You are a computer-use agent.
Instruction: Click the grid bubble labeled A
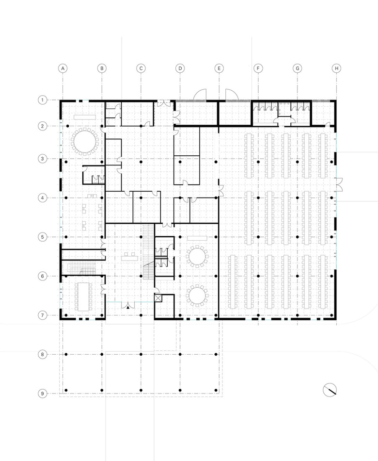[63, 68]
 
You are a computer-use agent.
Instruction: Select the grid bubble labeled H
[336, 68]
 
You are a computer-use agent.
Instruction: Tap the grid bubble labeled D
[180, 68]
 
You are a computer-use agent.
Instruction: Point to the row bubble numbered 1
[42, 100]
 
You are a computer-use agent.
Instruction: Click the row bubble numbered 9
[42, 394]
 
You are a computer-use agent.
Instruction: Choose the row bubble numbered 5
[42, 237]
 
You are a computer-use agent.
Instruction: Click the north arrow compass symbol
[330, 390]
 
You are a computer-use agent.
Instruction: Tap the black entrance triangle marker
[128, 307]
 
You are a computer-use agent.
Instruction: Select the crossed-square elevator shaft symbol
[158, 298]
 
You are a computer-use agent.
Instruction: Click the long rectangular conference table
[84, 296]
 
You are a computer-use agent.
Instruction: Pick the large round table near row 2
[85, 141]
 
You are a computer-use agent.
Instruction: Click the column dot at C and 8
[141, 354]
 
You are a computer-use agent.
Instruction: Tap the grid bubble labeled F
[258, 68]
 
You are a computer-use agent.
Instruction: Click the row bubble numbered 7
[42, 315]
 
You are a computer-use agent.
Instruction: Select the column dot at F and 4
[258, 198]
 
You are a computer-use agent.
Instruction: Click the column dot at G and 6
[297, 276]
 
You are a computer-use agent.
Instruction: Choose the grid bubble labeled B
[102, 68]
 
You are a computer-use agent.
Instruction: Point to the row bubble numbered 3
[42, 159]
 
